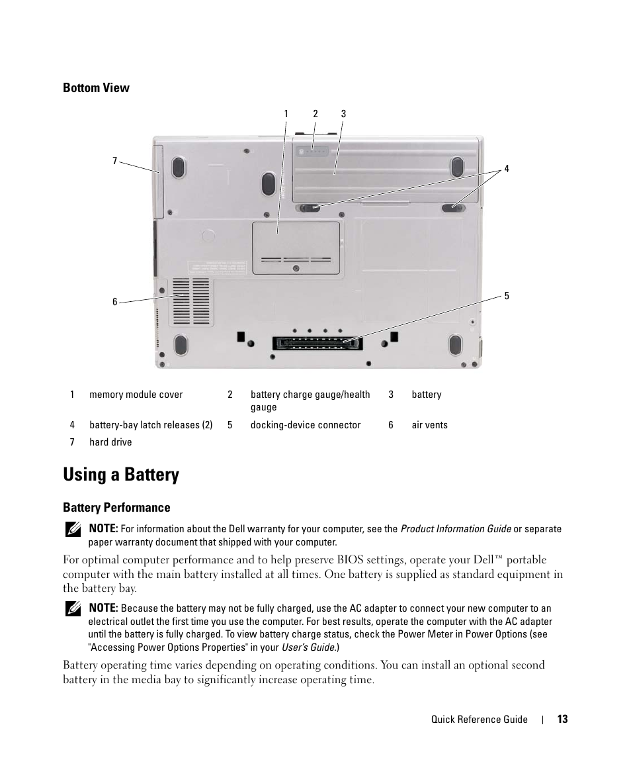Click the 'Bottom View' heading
96,88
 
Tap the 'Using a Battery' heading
121,475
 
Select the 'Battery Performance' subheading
116,508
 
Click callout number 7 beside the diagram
114,161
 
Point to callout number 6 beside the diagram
114,302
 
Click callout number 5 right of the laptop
507,296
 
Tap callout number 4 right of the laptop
507,169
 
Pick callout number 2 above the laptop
315,114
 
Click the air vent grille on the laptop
190,301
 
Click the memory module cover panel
296,248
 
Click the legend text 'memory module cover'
136,395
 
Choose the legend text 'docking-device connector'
306,425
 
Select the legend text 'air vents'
429,425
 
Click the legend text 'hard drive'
110,442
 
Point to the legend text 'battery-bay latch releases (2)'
151,425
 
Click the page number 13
562,720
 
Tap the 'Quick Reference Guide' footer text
480,720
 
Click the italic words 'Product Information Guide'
456,529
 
